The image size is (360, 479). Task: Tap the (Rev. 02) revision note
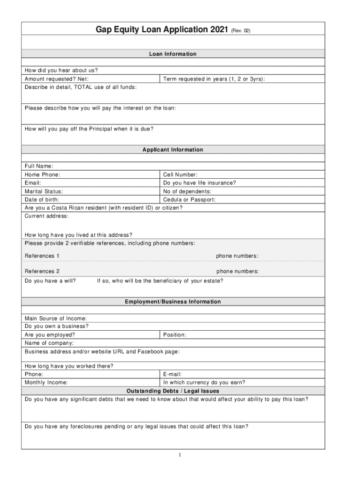click(x=241, y=31)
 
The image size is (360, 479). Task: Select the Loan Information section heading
click(x=173, y=54)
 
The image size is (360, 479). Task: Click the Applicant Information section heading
click(x=173, y=150)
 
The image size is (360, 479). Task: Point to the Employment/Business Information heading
click(x=173, y=302)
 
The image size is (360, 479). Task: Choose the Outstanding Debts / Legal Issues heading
click(x=173, y=391)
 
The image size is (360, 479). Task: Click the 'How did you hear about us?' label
click(x=61, y=71)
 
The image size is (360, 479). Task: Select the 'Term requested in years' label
click(x=214, y=79)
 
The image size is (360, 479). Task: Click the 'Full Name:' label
click(x=39, y=166)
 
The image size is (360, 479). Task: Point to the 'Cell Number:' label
click(x=180, y=174)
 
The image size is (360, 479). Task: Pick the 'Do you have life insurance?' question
click(x=200, y=183)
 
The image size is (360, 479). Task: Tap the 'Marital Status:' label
click(x=44, y=191)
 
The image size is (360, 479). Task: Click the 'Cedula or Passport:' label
click(x=189, y=200)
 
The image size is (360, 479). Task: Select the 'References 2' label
click(x=42, y=271)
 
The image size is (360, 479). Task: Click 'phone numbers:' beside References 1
click(x=237, y=256)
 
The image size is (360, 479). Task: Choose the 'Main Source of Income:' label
click(x=56, y=319)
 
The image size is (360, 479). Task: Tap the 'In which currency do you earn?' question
click(x=204, y=383)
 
